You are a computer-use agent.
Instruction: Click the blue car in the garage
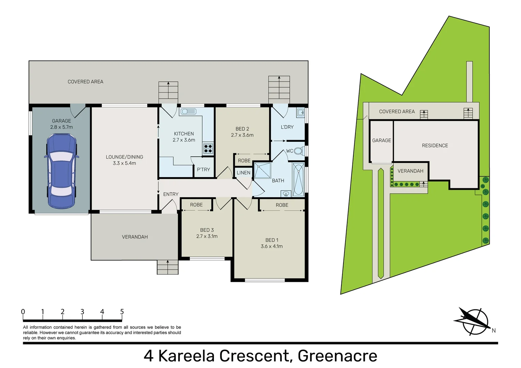click(x=61, y=171)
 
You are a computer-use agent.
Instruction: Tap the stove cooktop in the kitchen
click(x=208, y=149)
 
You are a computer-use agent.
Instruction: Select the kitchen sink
click(x=188, y=112)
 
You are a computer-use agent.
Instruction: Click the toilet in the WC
click(x=299, y=151)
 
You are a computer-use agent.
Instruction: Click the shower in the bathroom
click(x=263, y=170)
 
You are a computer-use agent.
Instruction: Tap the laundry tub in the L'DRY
click(x=300, y=112)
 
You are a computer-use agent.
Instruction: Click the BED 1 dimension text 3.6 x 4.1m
click(x=272, y=246)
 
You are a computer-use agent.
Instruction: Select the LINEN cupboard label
click(x=244, y=173)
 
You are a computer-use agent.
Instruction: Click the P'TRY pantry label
click(x=203, y=170)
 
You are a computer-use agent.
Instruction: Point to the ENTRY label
click(x=171, y=194)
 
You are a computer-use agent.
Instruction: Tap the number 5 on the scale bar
click(x=122, y=311)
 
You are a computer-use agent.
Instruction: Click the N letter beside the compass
click(x=493, y=330)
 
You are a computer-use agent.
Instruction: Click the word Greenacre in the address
click(x=337, y=356)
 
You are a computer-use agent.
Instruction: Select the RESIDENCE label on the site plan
click(x=435, y=145)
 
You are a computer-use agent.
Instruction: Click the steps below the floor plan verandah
click(x=167, y=267)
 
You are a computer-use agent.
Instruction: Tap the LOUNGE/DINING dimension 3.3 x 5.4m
click(x=124, y=163)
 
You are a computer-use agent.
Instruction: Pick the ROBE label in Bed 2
click(x=244, y=160)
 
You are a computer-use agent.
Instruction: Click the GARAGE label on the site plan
click(x=382, y=140)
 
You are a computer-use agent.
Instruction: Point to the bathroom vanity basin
click(x=286, y=194)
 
